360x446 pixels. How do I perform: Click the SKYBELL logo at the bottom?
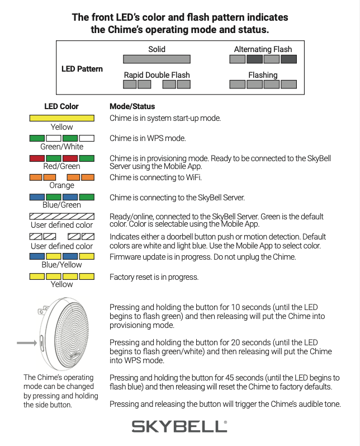pos(179,426)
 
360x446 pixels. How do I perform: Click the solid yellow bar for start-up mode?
pos(61,118)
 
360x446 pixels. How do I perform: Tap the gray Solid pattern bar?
pos(157,59)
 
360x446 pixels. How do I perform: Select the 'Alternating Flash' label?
pos(263,49)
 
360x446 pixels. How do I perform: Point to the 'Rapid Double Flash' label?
pos(157,75)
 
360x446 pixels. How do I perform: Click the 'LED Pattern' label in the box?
pos(82,69)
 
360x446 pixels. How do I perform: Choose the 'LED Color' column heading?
pos(61,106)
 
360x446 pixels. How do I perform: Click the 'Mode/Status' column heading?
pos(132,106)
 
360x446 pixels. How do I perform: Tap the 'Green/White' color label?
pos(61,147)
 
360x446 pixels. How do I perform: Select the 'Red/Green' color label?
pos(61,166)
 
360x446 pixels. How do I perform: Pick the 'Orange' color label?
pos(61,185)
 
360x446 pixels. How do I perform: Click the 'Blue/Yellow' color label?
pos(61,265)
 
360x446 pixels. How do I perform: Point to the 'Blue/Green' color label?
pos(61,205)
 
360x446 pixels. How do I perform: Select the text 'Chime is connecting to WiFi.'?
pos(155,178)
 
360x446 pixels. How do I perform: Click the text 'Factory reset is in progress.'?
pos(154,277)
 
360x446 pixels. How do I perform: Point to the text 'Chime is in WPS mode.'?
pos(148,138)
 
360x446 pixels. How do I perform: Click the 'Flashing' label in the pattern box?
pos(263,75)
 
